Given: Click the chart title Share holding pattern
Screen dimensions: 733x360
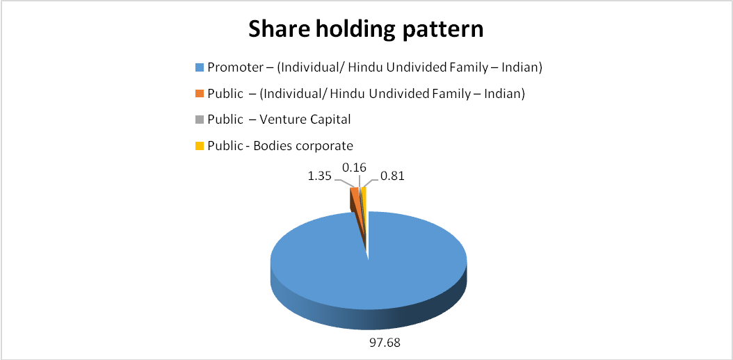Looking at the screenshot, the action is (366, 30).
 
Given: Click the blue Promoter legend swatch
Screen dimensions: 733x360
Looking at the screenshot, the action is (199, 68).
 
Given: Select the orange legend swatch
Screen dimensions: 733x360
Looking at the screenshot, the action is (199, 95).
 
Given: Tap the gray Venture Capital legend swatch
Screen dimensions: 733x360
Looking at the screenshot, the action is (199, 120).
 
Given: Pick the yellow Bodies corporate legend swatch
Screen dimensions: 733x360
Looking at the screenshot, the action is (199, 146).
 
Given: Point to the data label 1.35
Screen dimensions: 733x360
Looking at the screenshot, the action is (319, 177).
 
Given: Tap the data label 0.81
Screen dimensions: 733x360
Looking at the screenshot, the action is (392, 177).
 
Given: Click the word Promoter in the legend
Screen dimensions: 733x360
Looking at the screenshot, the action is (230, 68).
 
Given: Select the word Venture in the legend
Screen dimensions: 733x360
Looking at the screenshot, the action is (287, 120).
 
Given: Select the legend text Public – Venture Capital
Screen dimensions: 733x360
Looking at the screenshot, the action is (279, 120).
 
